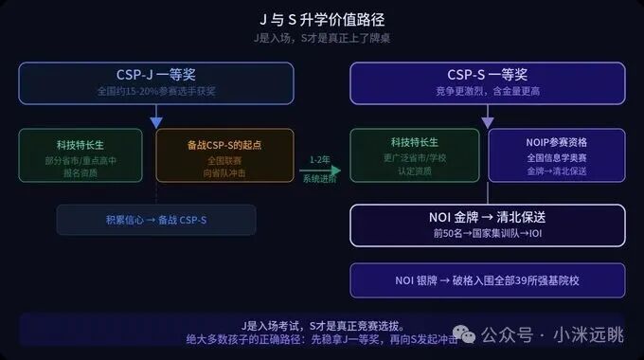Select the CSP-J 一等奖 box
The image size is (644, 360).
[156, 82]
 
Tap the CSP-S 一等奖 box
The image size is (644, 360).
[487, 82]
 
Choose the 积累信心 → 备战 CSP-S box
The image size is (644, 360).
[155, 220]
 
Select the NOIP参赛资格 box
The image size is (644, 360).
[557, 154]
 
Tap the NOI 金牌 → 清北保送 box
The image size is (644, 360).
[487, 225]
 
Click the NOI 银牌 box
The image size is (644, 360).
[487, 280]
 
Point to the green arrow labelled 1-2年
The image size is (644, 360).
[320, 171]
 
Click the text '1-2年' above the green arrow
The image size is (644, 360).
[319, 159]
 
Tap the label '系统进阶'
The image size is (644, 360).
[319, 180]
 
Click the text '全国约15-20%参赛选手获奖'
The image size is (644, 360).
[156, 92]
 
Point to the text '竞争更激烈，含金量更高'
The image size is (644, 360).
[487, 92]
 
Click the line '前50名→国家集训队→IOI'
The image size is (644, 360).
[487, 233]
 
